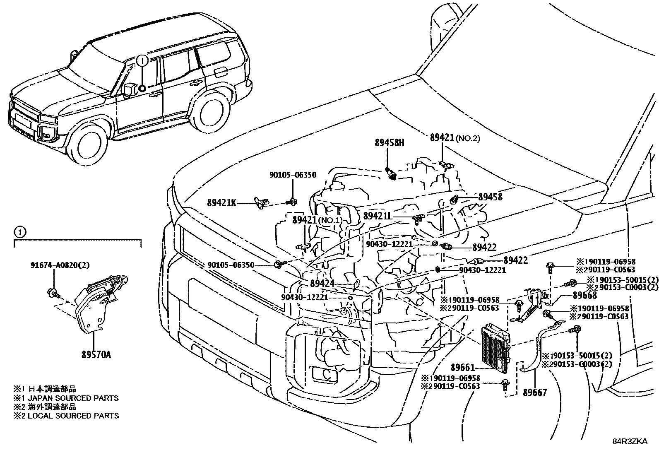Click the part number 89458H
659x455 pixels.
389,143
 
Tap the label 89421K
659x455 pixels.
222,203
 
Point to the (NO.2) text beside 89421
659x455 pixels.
468,138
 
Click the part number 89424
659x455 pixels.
322,284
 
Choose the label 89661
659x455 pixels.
462,367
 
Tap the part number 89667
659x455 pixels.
534,392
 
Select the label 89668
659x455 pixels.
584,295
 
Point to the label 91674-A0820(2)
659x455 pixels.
60,265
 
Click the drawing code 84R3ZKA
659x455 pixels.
630,441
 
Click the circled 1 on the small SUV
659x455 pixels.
142,61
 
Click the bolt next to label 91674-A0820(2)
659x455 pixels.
53,292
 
